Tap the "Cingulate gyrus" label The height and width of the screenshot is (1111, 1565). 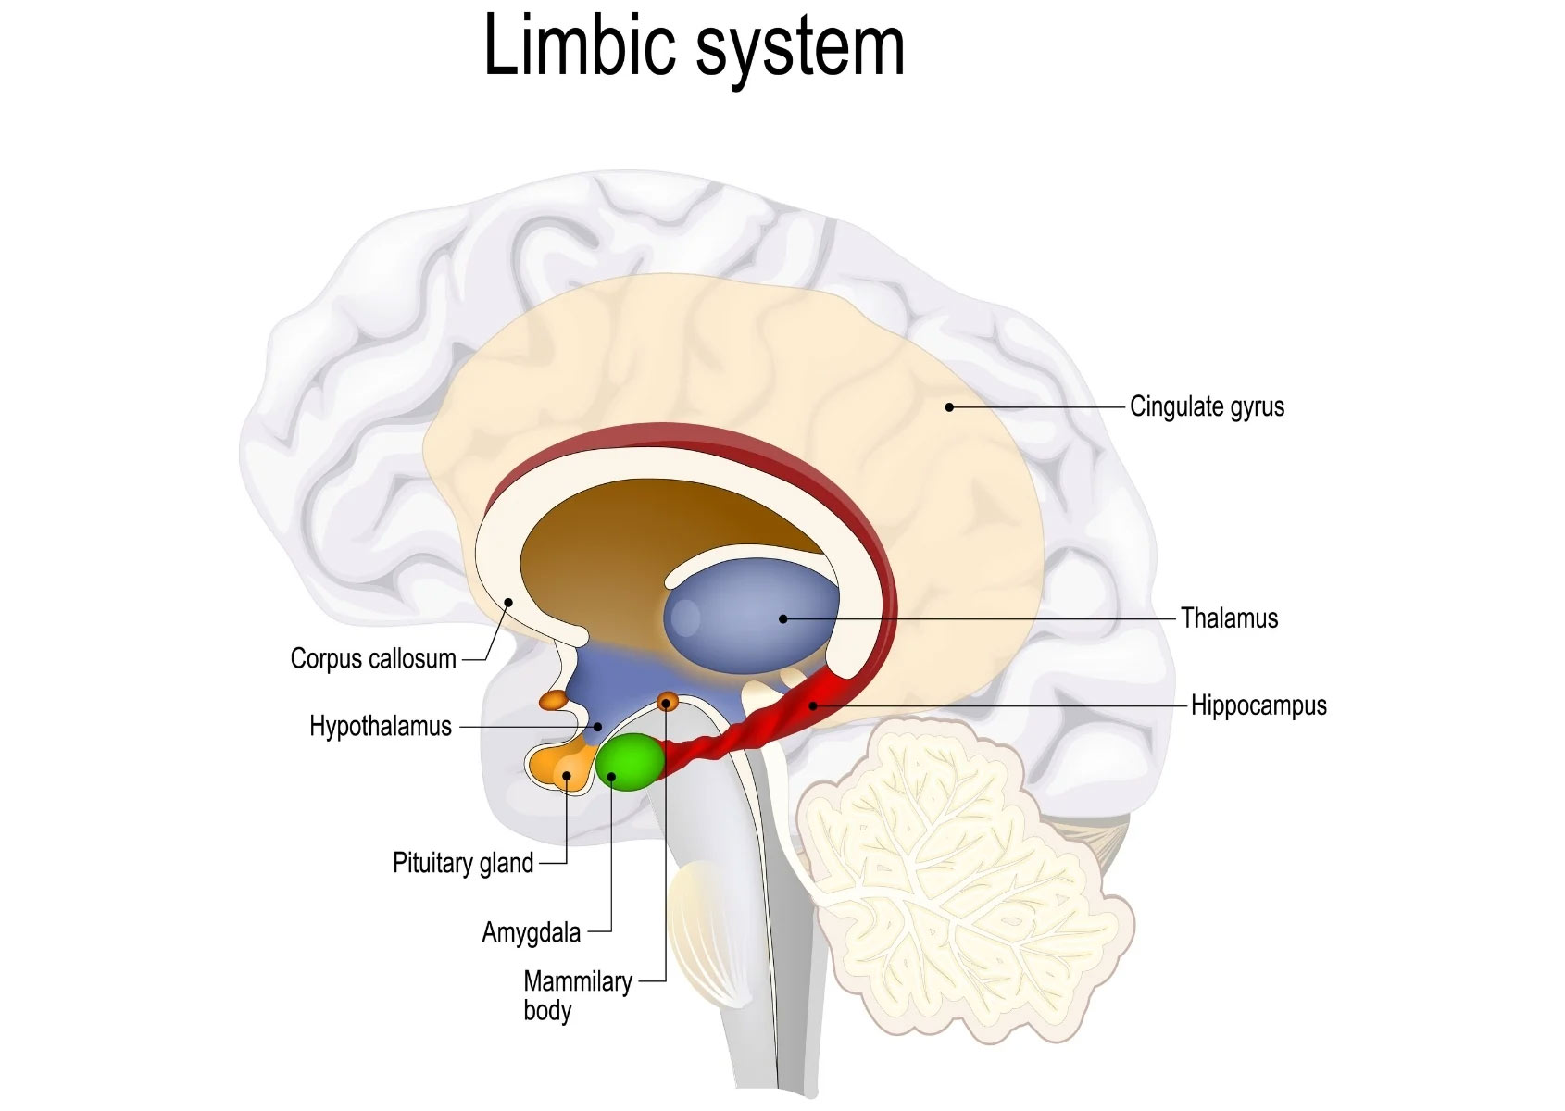click(1207, 406)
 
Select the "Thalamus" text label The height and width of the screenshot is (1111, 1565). click(1229, 618)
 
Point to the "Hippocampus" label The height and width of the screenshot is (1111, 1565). click(1258, 705)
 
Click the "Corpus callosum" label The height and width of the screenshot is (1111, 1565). click(373, 659)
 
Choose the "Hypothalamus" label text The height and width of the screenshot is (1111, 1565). click(381, 726)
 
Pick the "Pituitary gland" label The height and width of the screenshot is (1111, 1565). click(463, 863)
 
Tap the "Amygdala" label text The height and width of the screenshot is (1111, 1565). click(531, 931)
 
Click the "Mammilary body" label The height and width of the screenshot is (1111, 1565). click(577, 994)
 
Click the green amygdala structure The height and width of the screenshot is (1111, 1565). click(631, 761)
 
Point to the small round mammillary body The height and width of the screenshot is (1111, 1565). click(668, 702)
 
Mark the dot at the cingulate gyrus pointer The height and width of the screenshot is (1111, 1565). click(949, 406)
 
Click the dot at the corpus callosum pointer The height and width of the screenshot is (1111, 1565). click(507, 603)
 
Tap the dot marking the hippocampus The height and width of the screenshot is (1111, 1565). click(812, 705)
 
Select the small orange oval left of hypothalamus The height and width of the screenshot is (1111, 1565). click(554, 700)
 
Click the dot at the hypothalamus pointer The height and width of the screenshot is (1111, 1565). click(598, 727)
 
